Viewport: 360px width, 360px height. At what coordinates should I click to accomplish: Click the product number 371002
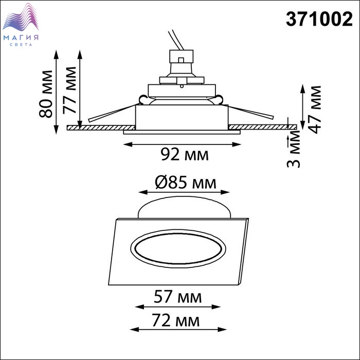[319, 20]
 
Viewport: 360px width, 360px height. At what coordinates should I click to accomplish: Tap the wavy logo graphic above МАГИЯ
[21, 17]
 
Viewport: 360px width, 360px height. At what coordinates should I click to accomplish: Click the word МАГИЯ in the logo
[21, 38]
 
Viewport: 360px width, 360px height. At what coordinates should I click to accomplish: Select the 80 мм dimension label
[46, 94]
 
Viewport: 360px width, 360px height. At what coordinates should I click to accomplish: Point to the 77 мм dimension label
[69, 90]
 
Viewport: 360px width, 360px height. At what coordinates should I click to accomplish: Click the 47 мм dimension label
[314, 110]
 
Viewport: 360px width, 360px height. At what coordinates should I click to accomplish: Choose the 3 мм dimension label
[294, 149]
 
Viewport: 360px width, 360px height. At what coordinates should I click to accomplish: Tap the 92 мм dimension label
[185, 154]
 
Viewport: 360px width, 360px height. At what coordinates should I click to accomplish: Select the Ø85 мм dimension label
[186, 183]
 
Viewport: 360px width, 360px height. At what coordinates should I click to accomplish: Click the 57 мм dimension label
[178, 297]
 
